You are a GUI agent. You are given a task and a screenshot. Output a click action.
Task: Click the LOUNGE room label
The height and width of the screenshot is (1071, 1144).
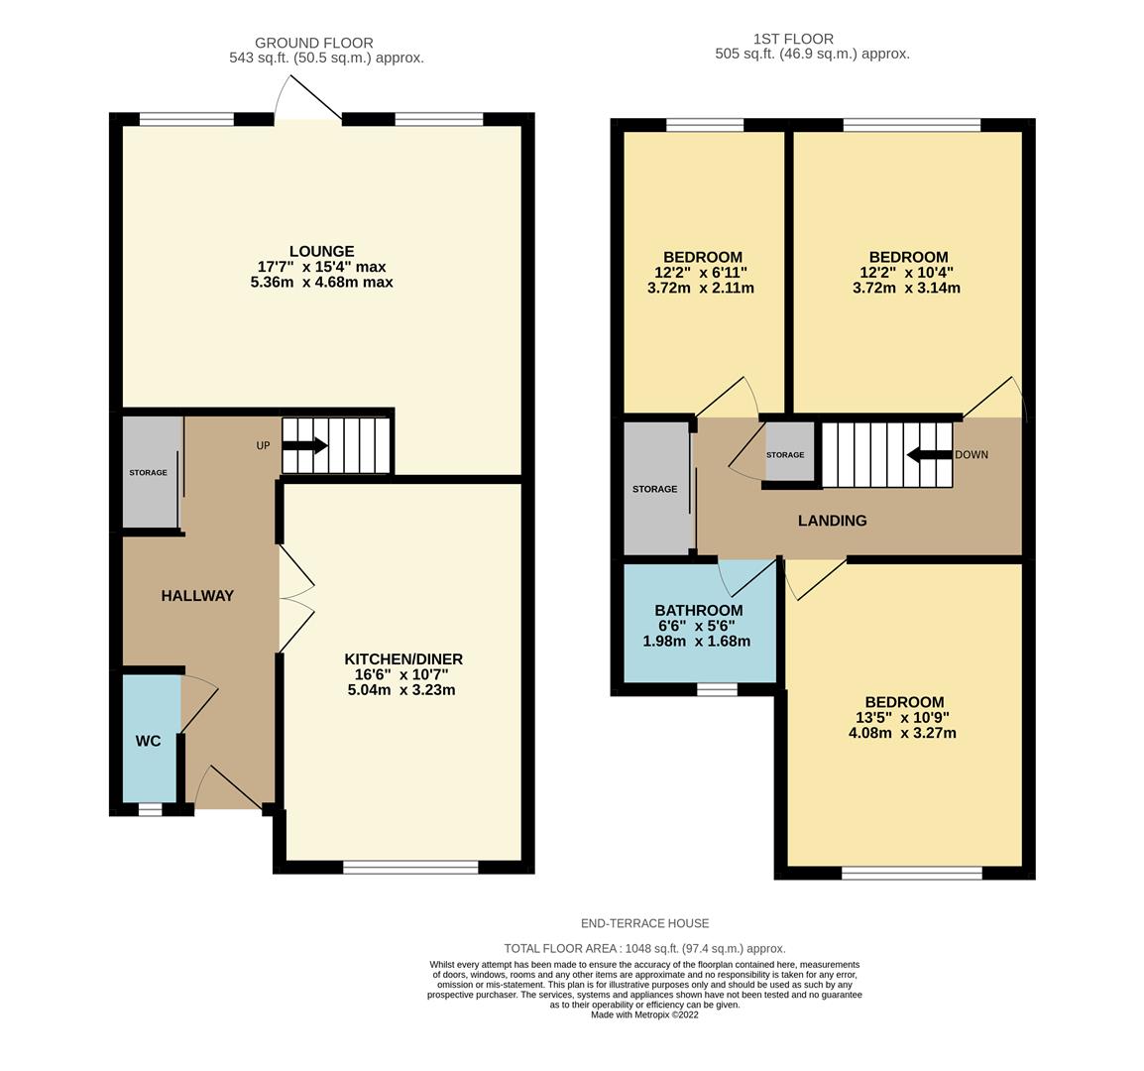pos(321,251)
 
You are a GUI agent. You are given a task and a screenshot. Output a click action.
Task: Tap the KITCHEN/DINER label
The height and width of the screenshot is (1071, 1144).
pos(402,659)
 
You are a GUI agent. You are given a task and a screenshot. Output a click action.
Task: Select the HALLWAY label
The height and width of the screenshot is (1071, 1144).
pos(197,596)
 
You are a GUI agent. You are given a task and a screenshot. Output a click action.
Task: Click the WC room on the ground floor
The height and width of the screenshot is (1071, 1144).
pos(149,741)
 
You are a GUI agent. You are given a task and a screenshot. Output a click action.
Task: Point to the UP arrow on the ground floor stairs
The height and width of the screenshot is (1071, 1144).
pos(304,446)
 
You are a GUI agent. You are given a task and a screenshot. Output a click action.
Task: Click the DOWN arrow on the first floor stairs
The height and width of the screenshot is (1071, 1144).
pos(928,455)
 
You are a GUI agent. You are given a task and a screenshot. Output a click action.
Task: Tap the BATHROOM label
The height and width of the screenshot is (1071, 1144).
pos(698,611)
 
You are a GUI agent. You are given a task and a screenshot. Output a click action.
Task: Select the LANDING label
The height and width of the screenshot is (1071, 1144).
pos(832,521)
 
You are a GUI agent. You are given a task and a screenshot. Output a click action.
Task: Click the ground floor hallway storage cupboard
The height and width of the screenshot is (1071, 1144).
pos(149,473)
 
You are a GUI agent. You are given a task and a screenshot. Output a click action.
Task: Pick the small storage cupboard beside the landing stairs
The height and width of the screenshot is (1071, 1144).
pos(786,454)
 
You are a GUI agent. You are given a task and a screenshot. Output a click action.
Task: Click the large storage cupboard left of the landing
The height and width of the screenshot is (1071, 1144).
pos(654,489)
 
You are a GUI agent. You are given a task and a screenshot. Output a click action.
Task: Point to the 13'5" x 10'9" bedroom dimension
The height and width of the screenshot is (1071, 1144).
pos(902,718)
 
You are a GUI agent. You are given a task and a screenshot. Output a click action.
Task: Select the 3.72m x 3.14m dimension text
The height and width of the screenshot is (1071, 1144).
pos(906,289)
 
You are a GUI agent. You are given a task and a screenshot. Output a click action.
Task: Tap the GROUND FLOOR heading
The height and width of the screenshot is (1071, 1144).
pos(313,43)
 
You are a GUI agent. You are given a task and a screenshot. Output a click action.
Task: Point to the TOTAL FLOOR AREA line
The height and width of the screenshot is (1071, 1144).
pos(644,948)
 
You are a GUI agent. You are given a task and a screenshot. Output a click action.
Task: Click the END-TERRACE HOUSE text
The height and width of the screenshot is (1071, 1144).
pos(644,923)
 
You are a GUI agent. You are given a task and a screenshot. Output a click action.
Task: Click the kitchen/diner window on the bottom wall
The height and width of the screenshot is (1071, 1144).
pos(410,868)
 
